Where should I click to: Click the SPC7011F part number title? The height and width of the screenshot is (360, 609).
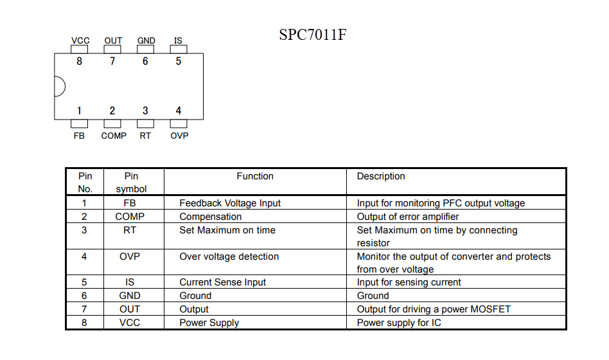[313, 35]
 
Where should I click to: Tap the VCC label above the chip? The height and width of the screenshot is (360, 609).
[80, 40]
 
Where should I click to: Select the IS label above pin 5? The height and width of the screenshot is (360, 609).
[178, 40]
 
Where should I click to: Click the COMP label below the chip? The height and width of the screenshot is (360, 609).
[114, 136]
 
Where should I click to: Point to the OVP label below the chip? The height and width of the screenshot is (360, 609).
[179, 136]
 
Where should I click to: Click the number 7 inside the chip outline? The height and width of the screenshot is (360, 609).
[112, 61]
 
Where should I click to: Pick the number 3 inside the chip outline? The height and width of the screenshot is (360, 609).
[145, 111]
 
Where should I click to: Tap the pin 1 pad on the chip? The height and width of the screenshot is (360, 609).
[79, 123]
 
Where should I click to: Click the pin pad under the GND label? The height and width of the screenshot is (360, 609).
[145, 50]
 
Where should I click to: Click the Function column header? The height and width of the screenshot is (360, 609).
[255, 176]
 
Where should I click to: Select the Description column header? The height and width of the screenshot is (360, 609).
[380, 176]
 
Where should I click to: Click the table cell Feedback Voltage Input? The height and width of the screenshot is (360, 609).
[230, 203]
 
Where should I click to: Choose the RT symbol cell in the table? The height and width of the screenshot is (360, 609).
[130, 230]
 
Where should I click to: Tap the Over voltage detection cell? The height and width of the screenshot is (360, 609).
[229, 256]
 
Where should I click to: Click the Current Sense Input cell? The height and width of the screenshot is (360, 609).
[222, 282]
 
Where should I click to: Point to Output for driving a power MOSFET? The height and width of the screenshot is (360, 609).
[434, 309]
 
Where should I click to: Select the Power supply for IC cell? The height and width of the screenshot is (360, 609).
[399, 323]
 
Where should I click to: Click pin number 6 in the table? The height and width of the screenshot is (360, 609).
[84, 296]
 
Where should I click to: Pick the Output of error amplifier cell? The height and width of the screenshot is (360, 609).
[408, 217]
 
